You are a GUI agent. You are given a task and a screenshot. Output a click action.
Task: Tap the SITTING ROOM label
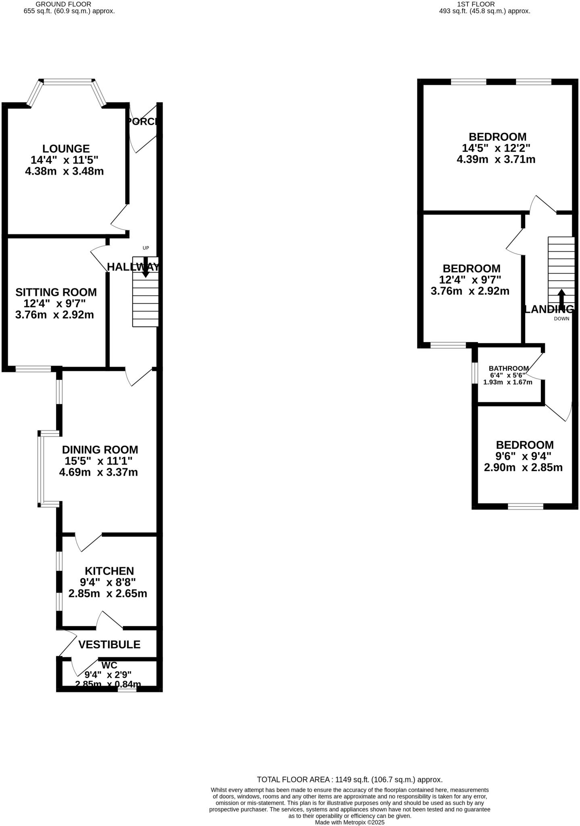[x=56, y=292]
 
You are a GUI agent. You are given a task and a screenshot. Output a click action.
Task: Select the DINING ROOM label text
[x=100, y=450]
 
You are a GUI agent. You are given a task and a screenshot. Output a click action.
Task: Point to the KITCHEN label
[x=109, y=571]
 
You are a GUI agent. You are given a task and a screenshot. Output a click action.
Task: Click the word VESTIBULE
[x=109, y=645]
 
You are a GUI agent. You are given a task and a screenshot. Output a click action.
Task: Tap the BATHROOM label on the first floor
[x=508, y=368]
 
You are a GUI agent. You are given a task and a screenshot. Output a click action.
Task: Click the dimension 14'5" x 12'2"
[x=496, y=148]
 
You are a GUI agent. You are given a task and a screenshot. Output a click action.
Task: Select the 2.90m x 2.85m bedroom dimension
[x=523, y=467]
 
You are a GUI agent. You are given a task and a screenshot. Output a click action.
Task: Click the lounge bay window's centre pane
[x=68, y=82]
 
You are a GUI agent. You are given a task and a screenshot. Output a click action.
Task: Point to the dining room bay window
[x=40, y=468]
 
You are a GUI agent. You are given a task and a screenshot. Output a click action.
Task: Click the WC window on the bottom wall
[x=127, y=690]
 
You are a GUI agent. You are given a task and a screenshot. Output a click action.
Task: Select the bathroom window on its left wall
[x=474, y=373]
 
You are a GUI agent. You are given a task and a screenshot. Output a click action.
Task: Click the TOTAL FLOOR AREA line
[x=350, y=780]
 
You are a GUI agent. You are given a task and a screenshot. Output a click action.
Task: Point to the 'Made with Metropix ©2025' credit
[x=350, y=822]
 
